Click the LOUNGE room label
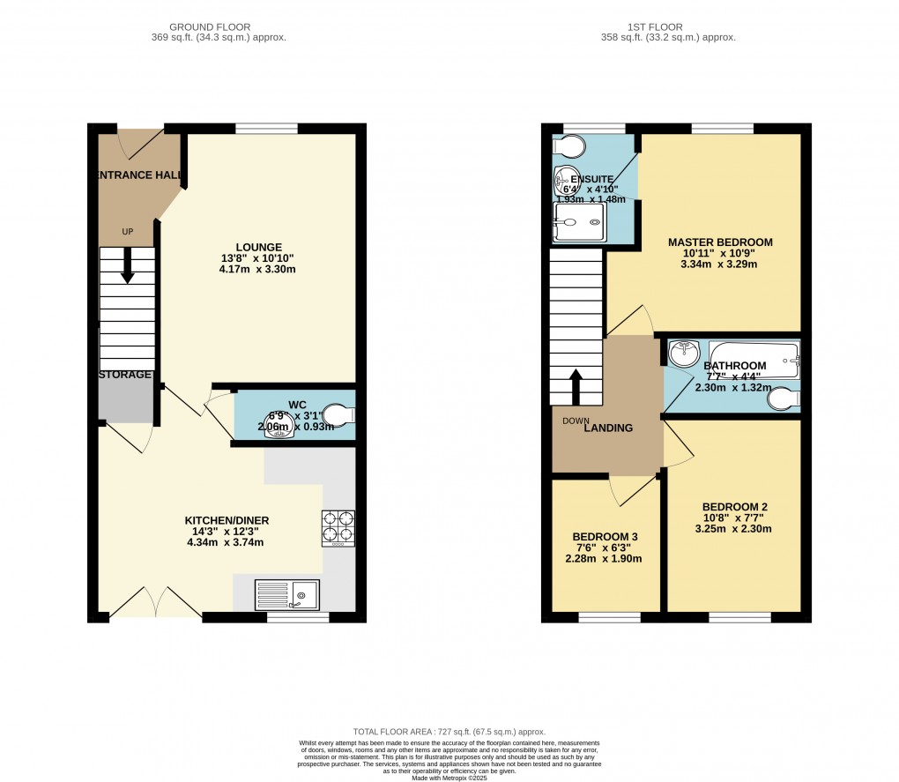tap(258, 247)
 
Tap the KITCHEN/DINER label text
tap(227, 520)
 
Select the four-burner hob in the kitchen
tap(339, 528)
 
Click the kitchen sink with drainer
tap(287, 595)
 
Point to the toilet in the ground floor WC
tap(338, 413)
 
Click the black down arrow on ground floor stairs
tap(128, 265)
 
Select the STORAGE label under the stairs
tap(124, 375)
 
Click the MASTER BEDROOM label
tap(719, 242)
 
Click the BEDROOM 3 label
tap(605, 537)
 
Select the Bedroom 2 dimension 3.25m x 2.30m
tap(734, 529)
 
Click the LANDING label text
tap(609, 428)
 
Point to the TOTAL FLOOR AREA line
tap(449, 732)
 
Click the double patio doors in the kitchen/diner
tap(153, 603)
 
